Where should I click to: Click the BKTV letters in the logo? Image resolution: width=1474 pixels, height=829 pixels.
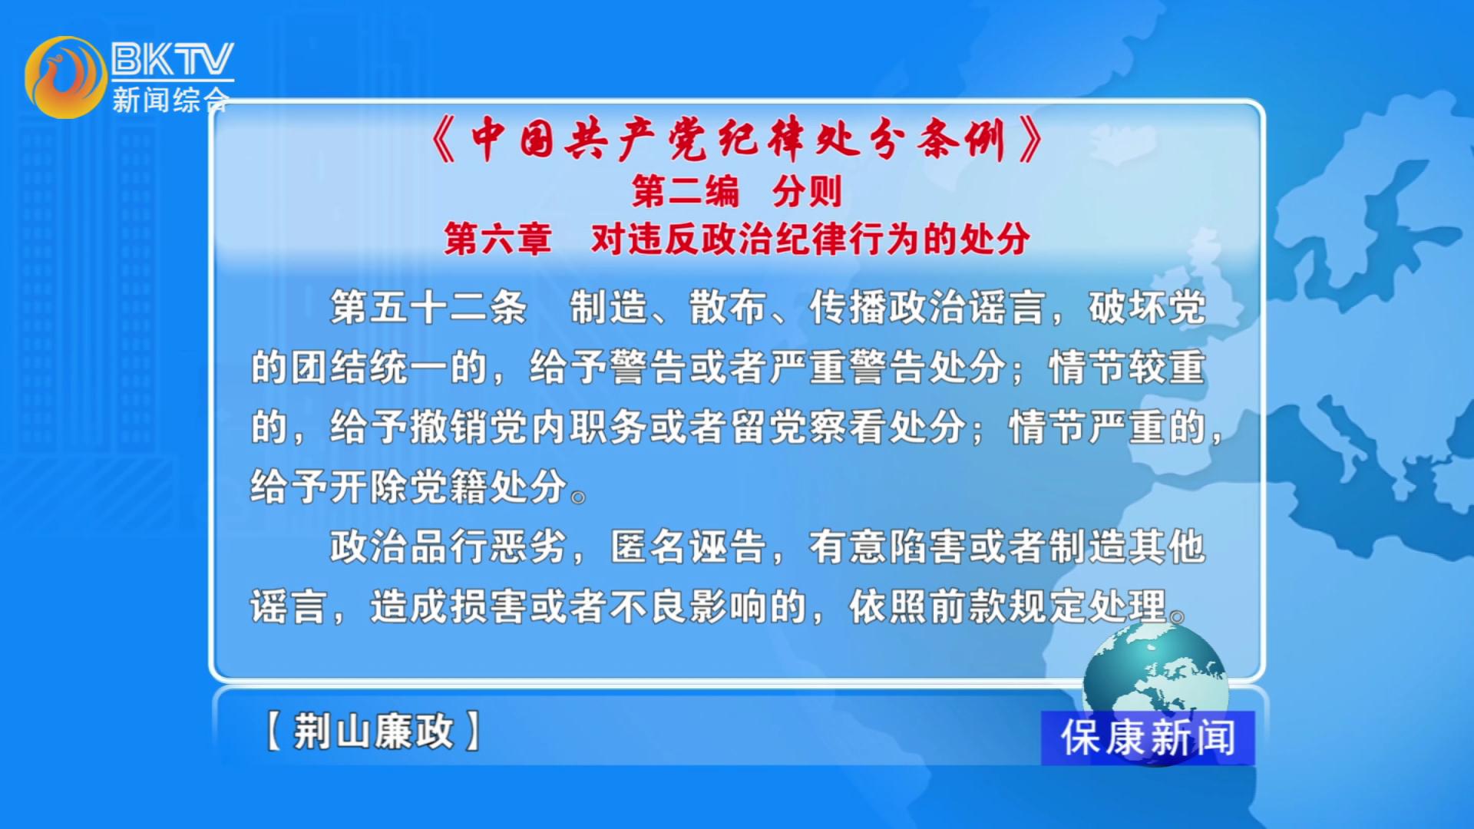tap(173, 58)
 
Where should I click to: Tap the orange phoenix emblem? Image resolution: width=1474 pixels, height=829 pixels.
tap(66, 78)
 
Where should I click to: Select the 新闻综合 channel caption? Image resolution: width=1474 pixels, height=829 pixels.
tap(170, 100)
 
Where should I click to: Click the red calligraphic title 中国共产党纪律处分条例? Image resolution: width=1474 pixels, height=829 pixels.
tap(738, 140)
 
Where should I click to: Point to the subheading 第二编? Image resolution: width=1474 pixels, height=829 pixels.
tap(686, 191)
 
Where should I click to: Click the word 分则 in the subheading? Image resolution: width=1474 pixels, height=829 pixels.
tap(807, 191)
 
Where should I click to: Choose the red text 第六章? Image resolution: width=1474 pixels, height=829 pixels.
tap(498, 239)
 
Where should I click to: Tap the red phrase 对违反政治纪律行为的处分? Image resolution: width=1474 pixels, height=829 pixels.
tap(810, 239)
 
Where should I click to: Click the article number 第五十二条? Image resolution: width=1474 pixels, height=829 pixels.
tap(429, 308)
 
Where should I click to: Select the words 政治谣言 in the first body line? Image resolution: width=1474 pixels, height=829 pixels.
tap(968, 308)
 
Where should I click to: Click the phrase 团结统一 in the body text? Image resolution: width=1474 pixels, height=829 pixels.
tap(369, 367)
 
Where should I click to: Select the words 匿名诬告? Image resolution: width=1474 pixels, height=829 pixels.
tap(689, 547)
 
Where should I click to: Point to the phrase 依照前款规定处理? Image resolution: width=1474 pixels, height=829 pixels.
tap(1008, 607)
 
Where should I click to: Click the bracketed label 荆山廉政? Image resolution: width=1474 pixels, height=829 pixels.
tap(373, 731)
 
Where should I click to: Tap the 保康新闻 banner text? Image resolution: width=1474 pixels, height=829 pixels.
tap(1148, 738)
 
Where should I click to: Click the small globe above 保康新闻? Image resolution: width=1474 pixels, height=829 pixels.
tap(1155, 668)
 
